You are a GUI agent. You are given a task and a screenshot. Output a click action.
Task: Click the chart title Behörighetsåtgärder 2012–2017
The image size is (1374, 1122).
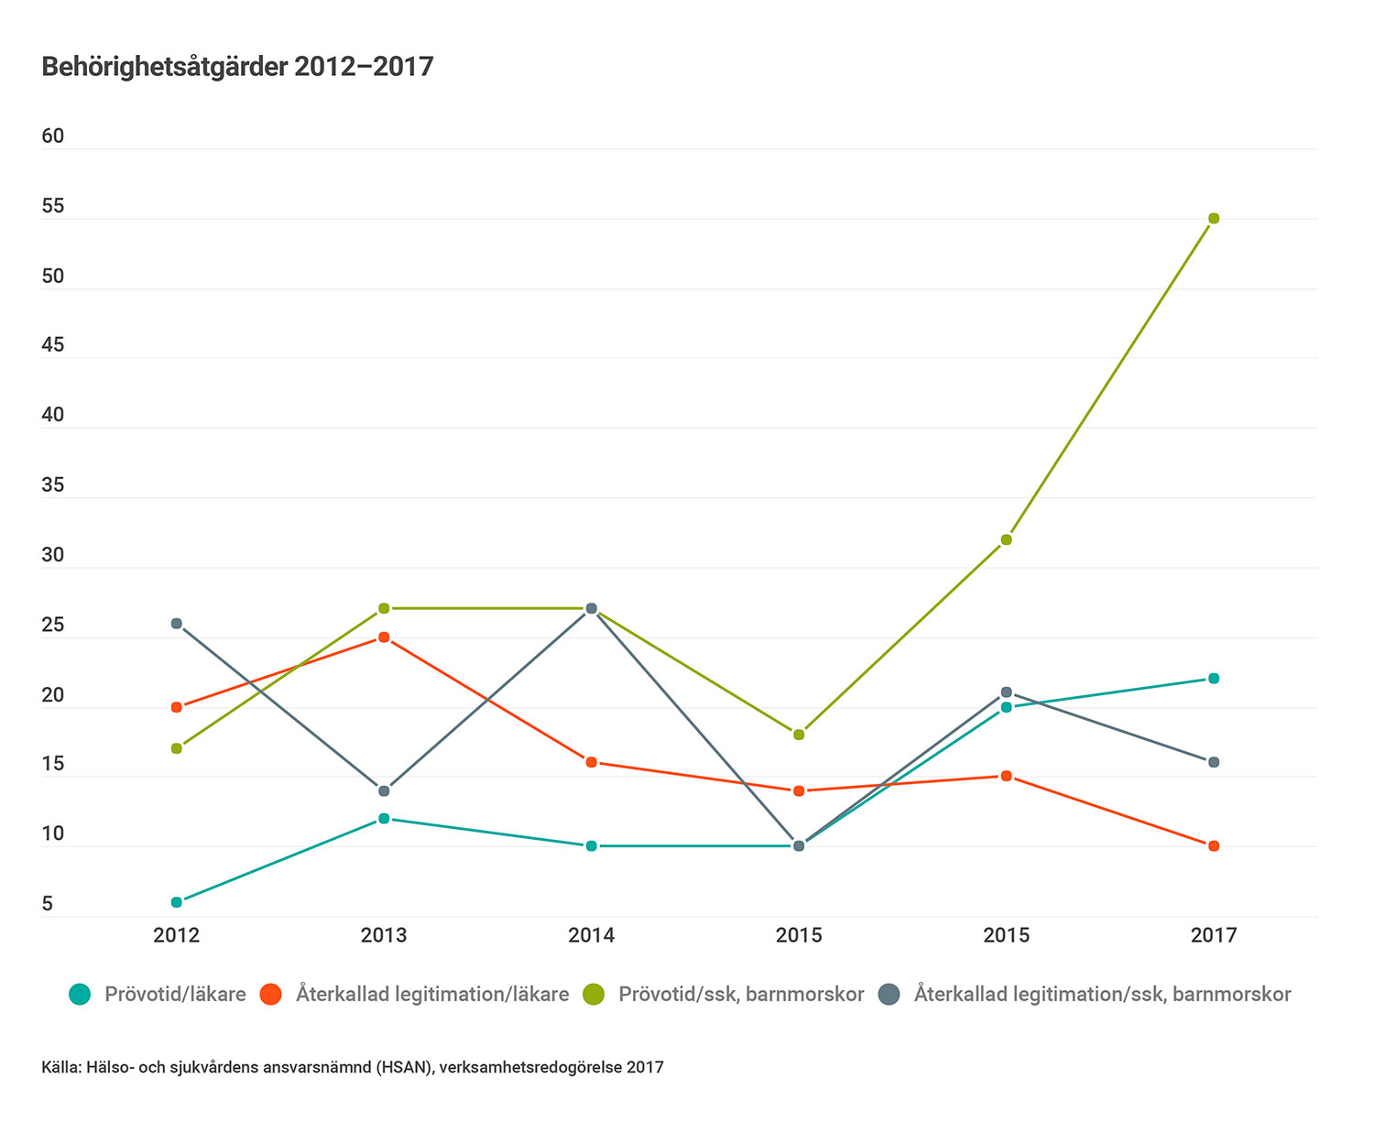click(237, 67)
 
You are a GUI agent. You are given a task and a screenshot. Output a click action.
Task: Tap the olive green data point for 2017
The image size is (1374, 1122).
click(1214, 218)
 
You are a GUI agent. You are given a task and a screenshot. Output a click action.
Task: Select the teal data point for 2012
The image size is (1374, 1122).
click(177, 902)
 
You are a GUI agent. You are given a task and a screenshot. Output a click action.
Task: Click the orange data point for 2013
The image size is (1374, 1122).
click(384, 637)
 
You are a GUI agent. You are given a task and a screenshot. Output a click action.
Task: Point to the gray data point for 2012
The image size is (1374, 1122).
click(177, 624)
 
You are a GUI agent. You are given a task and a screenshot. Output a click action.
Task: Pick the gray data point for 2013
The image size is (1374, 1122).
click(384, 790)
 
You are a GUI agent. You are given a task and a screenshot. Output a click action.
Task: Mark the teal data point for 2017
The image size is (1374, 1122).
click(1214, 679)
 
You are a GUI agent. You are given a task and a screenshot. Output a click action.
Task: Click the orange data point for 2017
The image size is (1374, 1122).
click(1214, 846)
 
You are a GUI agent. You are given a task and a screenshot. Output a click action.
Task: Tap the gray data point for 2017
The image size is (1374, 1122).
click(1214, 762)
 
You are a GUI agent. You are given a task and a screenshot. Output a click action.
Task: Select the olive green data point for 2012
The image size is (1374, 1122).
click(177, 748)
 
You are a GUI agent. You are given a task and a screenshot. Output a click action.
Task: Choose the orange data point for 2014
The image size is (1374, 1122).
click(592, 762)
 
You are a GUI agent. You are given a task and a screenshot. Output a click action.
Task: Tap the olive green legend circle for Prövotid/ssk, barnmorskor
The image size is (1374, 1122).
click(594, 994)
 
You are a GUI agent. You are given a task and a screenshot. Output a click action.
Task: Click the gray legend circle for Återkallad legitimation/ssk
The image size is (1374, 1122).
click(889, 994)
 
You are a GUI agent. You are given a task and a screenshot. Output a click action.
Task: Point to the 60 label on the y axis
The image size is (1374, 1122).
click(53, 136)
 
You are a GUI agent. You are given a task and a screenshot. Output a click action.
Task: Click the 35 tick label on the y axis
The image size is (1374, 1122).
click(53, 485)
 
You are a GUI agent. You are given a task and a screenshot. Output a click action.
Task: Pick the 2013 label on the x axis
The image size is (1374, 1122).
click(384, 935)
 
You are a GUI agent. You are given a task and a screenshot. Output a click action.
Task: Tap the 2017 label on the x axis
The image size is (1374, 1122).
click(1214, 935)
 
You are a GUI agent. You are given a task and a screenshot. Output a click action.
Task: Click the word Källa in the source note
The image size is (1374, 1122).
click(60, 1067)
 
